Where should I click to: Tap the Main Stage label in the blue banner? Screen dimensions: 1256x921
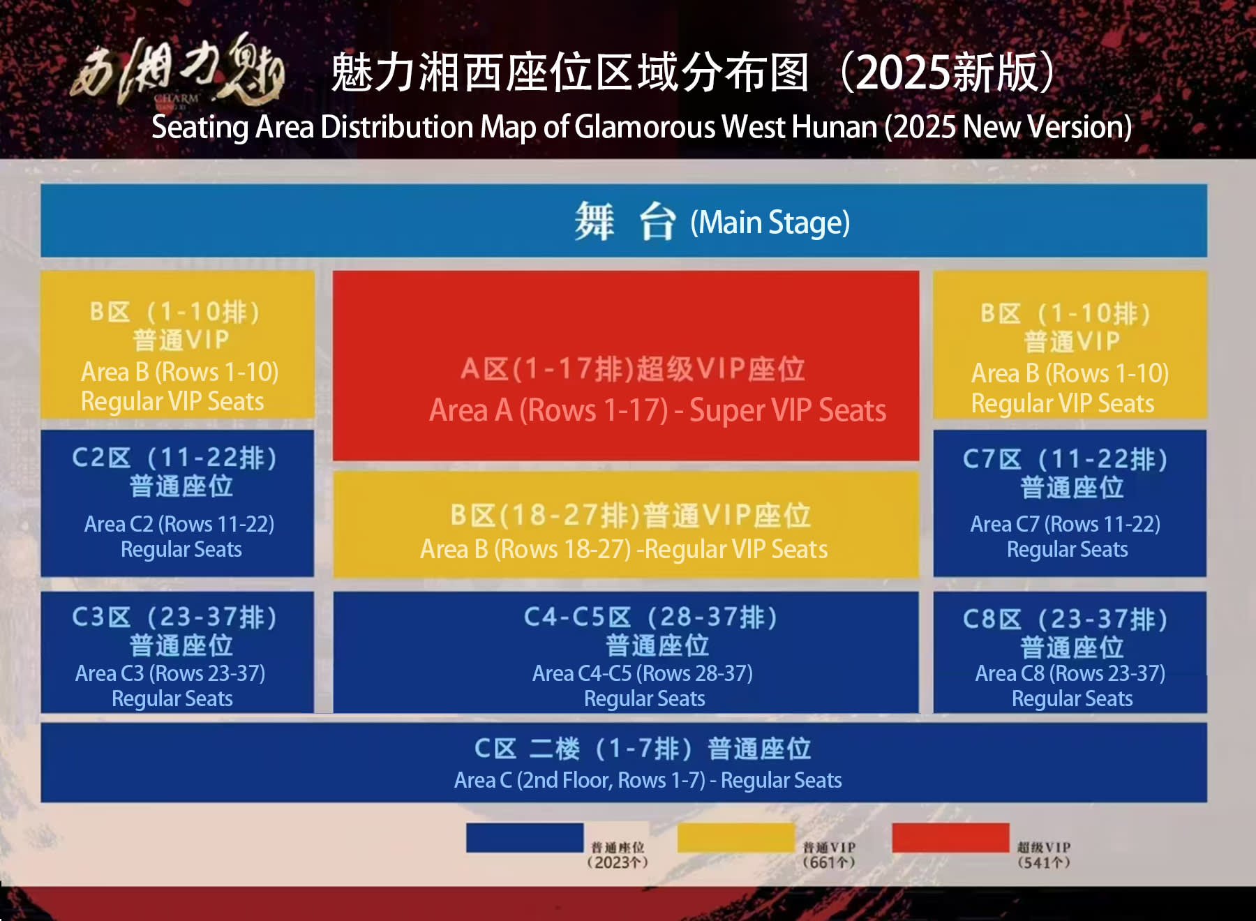[x=770, y=223]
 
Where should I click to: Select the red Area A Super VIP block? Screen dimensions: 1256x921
[x=625, y=366]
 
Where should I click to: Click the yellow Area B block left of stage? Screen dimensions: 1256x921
[x=177, y=345]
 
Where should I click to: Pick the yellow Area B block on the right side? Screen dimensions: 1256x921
[x=1070, y=345]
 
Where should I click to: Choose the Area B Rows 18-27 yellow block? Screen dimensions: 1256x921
[x=625, y=525]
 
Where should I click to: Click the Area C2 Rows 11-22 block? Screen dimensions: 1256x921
[x=177, y=503]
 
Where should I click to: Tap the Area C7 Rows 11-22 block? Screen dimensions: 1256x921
[x=1070, y=503]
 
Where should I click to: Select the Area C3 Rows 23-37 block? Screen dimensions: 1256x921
[x=177, y=652]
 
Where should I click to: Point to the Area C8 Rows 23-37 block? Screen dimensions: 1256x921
[x=1070, y=652]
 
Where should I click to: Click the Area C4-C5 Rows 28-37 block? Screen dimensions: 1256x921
[x=625, y=652]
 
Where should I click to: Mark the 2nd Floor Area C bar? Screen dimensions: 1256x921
[x=624, y=763]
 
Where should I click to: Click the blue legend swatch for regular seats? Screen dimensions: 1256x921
[x=525, y=837]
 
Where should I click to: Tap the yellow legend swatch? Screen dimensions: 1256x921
[x=736, y=837]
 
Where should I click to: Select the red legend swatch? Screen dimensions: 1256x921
[x=950, y=837]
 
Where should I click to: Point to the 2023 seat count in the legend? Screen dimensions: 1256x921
[x=618, y=862]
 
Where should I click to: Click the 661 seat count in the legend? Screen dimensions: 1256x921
[x=829, y=862]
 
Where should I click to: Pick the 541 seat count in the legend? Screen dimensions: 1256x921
[x=1043, y=862]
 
